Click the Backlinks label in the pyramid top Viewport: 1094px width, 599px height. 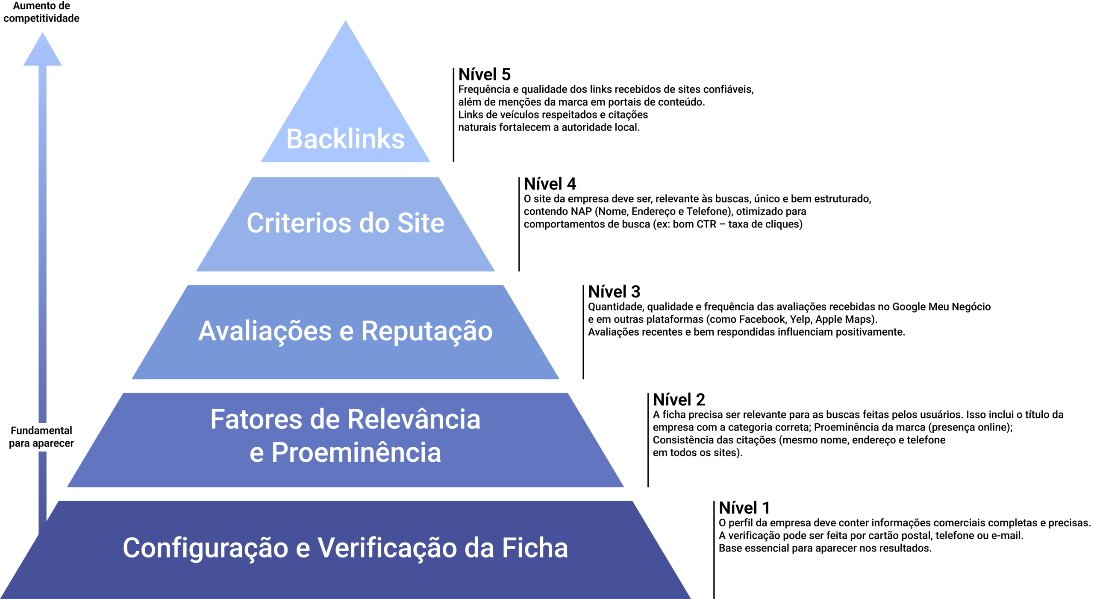(345, 139)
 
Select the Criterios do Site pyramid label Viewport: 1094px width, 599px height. (345, 223)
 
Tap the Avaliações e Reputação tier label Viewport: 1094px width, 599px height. (345, 331)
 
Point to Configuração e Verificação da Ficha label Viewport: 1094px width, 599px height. (345, 548)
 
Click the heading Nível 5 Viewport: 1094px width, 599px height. (484, 74)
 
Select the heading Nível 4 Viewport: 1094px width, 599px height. (550, 184)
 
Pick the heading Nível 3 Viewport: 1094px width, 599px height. (614, 292)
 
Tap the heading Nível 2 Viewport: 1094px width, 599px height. (679, 400)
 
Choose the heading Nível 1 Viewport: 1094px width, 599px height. (744, 508)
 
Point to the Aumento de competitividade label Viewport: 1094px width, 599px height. (41, 12)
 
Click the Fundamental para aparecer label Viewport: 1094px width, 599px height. (41, 437)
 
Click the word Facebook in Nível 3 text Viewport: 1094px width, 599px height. (762, 319)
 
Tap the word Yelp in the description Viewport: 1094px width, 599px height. (800, 319)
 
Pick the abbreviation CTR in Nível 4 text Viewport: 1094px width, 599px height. (706, 224)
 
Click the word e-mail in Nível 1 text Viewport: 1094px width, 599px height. (1007, 535)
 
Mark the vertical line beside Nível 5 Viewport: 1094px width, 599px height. (453, 115)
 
